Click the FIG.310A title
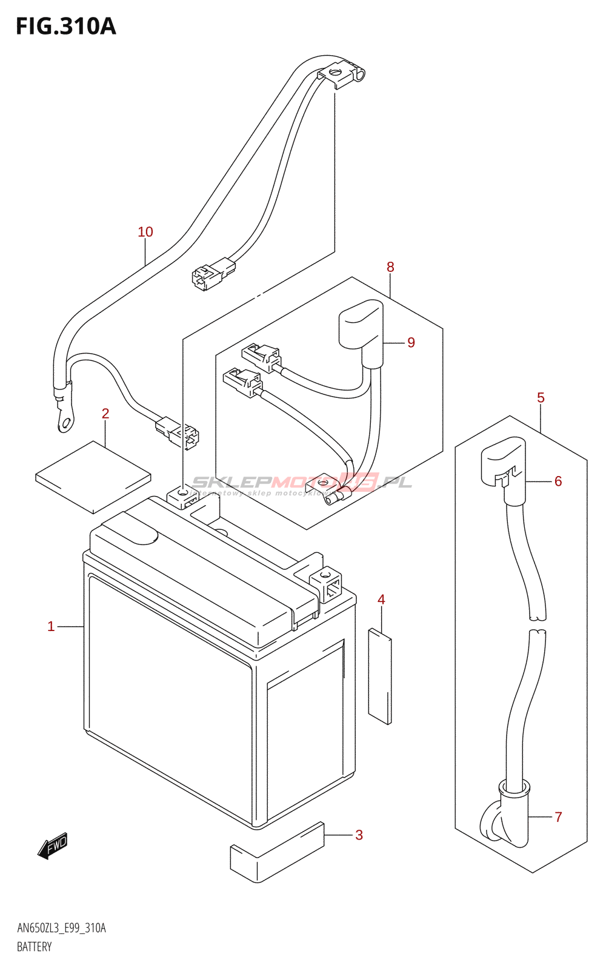click(65, 27)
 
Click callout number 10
click(145, 232)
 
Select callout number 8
click(390, 267)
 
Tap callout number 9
click(411, 343)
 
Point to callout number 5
click(541, 398)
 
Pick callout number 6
click(558, 481)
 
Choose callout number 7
click(558, 817)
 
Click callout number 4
click(381, 600)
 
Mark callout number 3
click(359, 835)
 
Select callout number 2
click(105, 414)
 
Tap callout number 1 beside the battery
click(51, 626)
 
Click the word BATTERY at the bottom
click(35, 947)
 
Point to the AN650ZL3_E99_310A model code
click(61, 928)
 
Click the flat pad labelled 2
click(93, 477)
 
